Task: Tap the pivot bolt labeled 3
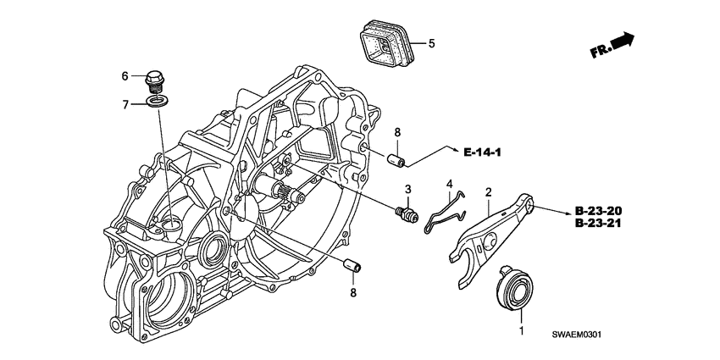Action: (x=407, y=214)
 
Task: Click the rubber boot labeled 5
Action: (x=385, y=42)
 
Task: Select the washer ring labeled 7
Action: (x=157, y=101)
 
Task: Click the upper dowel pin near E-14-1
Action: (x=396, y=161)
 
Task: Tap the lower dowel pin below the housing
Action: (x=352, y=264)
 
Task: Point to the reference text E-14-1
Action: (x=482, y=152)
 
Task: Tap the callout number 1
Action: (x=521, y=330)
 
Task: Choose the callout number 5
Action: (x=431, y=43)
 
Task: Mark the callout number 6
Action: (x=125, y=76)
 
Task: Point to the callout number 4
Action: (x=450, y=185)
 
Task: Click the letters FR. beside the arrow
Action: (x=601, y=51)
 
